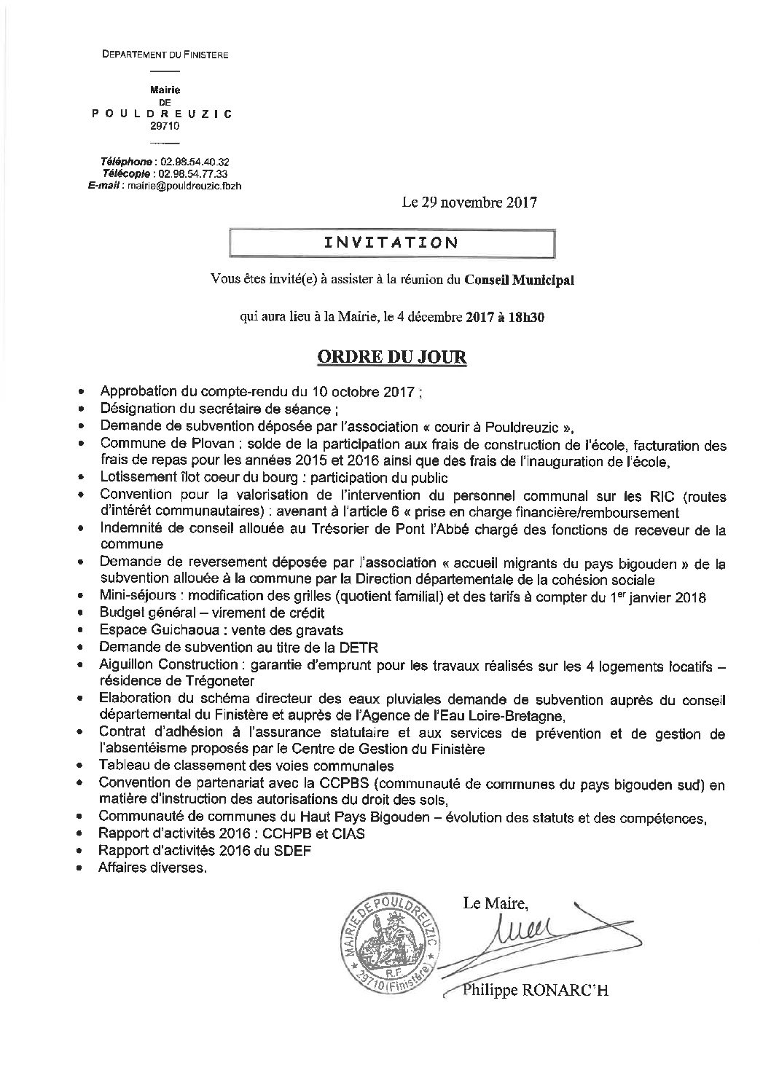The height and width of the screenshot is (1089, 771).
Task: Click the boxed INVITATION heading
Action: click(x=391, y=243)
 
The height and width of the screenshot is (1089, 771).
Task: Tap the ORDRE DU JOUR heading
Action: click(x=391, y=358)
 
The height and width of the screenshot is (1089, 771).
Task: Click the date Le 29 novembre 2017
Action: click(x=469, y=203)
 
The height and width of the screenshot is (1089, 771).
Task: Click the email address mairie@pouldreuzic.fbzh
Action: click(x=184, y=186)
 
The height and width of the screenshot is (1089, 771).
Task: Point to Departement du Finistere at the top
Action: click(x=165, y=55)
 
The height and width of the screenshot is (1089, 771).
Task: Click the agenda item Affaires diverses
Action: click(x=153, y=868)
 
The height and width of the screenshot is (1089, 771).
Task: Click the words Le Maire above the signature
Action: click(x=493, y=904)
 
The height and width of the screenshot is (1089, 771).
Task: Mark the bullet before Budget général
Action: click(x=89, y=613)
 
